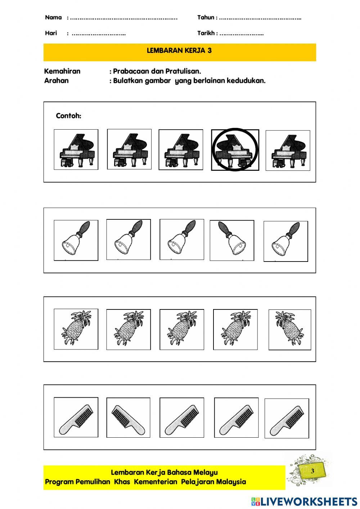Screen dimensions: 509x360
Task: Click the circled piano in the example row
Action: point(235,149)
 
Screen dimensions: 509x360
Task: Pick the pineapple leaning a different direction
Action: point(289,329)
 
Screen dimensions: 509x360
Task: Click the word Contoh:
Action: point(68,116)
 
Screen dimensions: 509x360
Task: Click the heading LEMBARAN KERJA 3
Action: point(179,51)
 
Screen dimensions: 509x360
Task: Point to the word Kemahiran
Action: point(62,71)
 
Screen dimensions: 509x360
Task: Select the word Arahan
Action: point(56,81)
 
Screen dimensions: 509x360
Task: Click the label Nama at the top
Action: point(53,18)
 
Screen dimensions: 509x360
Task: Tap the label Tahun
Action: point(206,18)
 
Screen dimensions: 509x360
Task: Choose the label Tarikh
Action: point(206,33)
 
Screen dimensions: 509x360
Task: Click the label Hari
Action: point(51,33)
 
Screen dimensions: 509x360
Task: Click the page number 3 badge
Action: point(312,471)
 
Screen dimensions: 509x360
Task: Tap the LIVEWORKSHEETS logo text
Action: point(309,501)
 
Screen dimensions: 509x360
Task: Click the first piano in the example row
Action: point(76,149)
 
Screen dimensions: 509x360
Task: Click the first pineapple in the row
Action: point(76,329)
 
